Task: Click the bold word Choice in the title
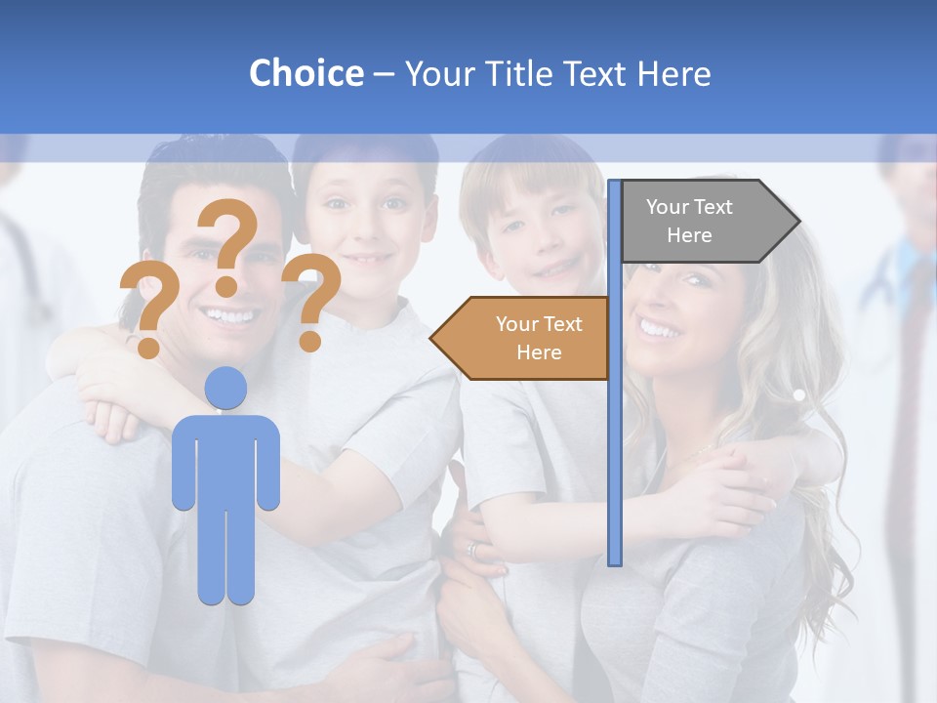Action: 306,73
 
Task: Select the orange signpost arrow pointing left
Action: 522,338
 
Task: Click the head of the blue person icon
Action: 225,388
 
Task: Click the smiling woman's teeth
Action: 660,329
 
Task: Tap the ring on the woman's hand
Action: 473,550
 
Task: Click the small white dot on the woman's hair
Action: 798,395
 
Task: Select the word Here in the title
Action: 673,73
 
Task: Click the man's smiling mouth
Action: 226,315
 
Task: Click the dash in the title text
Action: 384,75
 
